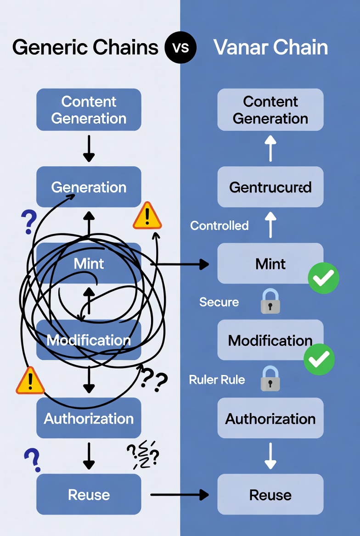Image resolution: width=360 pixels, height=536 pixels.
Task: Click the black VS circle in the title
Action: pos(181,47)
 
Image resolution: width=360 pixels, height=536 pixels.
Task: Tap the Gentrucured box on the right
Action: pos(270,187)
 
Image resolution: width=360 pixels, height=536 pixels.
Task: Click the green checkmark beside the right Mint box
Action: pos(323,278)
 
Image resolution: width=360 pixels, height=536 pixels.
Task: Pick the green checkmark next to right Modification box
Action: pos(319,359)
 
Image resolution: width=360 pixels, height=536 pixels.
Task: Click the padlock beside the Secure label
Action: pos(270,301)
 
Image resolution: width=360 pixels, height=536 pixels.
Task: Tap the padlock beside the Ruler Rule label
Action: pos(270,379)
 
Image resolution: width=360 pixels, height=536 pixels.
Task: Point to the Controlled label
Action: pos(219,225)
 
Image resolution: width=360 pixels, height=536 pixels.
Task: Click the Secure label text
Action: pos(219,302)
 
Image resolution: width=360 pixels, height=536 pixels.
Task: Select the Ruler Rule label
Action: pos(217,380)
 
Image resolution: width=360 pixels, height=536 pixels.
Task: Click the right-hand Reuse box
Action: pos(270,495)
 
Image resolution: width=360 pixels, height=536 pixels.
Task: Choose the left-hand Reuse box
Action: pos(89,495)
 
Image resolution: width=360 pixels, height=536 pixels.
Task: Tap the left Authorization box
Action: pos(89,418)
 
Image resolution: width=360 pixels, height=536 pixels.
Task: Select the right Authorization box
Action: pos(270,418)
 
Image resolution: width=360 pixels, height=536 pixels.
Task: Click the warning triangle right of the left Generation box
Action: pos(147,216)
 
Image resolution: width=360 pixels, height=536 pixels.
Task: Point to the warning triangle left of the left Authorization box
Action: pos(30,381)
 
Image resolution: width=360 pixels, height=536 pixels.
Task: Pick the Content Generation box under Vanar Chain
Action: pos(270,110)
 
